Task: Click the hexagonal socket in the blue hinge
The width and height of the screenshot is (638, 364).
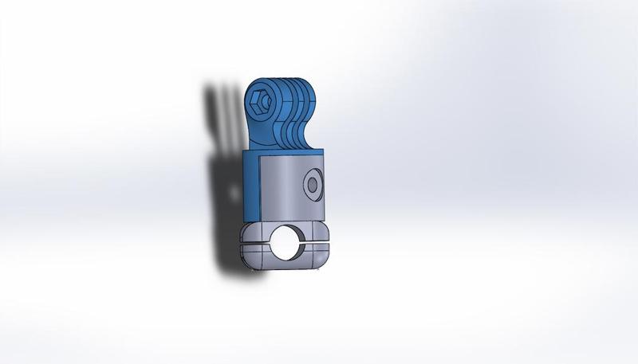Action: pyautogui.click(x=259, y=101)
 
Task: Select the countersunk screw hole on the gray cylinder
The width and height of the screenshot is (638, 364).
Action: pyautogui.click(x=312, y=186)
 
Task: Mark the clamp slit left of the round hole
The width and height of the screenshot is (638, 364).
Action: pyautogui.click(x=255, y=245)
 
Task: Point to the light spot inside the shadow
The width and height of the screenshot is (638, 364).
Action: pyautogui.click(x=234, y=193)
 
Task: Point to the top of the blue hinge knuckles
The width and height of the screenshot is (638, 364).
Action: pyautogui.click(x=291, y=80)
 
